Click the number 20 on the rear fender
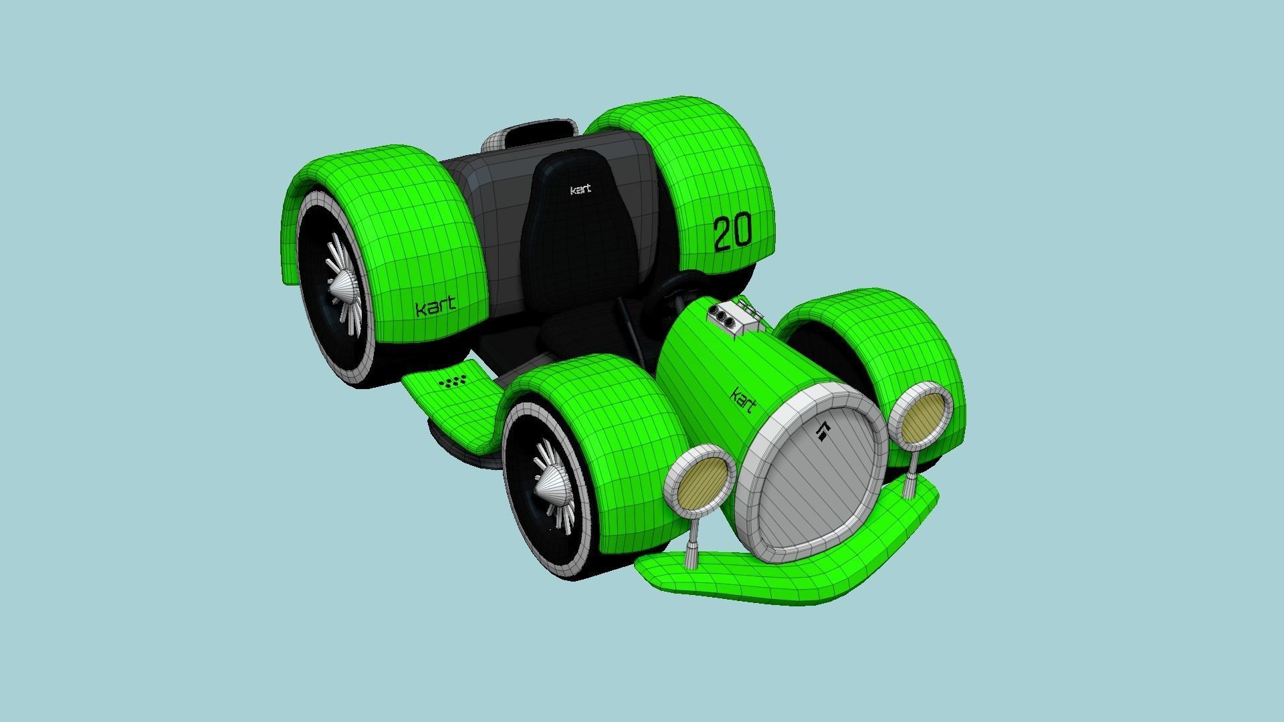click(x=732, y=233)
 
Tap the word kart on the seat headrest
click(x=580, y=190)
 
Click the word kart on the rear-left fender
click(x=435, y=308)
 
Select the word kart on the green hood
click(x=744, y=400)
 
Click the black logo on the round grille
click(x=823, y=433)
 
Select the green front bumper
click(x=769, y=575)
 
